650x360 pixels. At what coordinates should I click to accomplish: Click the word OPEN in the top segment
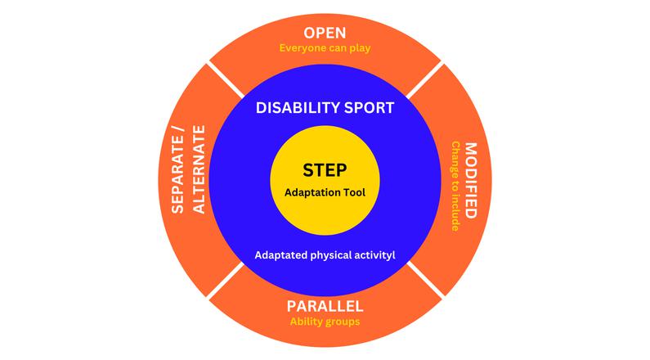click(325, 33)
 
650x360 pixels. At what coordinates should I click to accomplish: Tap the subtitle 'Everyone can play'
click(325, 47)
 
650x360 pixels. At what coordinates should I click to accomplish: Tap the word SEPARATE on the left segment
click(178, 182)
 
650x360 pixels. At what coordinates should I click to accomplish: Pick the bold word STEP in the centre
click(325, 170)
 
